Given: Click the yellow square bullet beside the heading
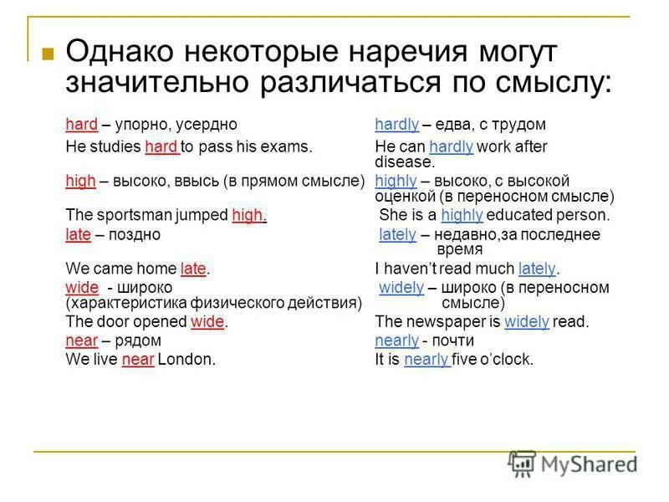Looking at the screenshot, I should click(48, 55).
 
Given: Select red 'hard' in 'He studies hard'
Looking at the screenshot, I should click(161, 147).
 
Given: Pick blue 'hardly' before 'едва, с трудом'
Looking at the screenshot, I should click(396, 125).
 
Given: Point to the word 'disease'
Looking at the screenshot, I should click(404, 162).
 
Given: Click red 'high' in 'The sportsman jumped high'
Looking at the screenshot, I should click(248, 215).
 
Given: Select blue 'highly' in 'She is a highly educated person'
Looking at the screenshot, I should click(462, 215).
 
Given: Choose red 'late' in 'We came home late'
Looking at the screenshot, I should click(193, 269).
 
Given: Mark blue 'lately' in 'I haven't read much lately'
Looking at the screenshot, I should click(537, 269).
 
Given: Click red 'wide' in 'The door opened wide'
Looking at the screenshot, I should click(208, 321).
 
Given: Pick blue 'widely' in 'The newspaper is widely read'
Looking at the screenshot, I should click(527, 321).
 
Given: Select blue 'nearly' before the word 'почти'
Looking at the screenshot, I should click(396, 341).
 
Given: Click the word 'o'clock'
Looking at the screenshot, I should click(507, 360).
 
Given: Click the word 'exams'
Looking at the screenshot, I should click(290, 147).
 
